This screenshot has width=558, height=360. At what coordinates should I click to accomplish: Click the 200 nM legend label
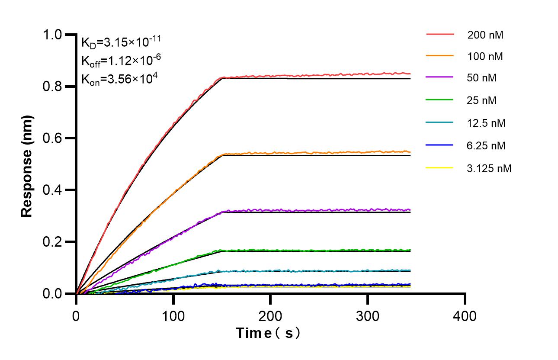[485, 35]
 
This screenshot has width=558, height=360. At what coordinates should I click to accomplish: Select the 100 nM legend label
[485, 56]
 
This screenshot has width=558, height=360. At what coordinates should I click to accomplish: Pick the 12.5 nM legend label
[486, 123]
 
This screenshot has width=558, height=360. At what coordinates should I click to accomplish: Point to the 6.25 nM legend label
[486, 145]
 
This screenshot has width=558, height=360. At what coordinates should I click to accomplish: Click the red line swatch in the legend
[440, 34]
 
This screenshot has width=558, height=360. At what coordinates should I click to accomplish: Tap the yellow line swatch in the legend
[440, 167]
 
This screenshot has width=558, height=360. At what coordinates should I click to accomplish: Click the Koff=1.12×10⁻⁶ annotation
[118, 61]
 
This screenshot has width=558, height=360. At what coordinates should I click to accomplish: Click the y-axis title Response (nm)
[27, 166]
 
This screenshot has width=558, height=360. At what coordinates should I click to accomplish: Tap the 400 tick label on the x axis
[465, 316]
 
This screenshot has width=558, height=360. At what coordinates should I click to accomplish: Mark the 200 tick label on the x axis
[270, 316]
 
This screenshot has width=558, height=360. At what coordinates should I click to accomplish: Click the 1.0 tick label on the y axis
[57, 35]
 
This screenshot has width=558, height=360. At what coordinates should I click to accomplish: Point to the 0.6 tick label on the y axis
[57, 138]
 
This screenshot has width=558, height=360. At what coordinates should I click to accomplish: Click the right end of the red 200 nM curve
[410, 74]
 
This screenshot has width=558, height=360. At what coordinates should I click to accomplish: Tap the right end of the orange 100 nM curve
[410, 151]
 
